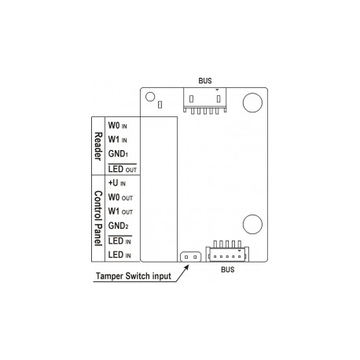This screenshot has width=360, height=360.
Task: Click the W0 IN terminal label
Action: (x=119, y=125)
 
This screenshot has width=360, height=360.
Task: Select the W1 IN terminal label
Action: (x=119, y=140)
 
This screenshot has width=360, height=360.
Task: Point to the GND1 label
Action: (x=119, y=155)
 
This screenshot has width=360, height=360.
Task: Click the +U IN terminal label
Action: (x=119, y=183)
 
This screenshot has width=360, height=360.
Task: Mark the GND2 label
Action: (x=119, y=226)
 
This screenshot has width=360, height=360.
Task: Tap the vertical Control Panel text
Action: (x=97, y=219)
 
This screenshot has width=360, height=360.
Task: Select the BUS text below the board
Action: (x=227, y=269)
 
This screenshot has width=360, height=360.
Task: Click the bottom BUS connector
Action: (x=226, y=253)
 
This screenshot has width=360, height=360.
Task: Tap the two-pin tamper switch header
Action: (x=189, y=256)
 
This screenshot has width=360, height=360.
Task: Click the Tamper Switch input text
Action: (x=132, y=277)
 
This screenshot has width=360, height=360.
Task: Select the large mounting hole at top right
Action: (x=252, y=102)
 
